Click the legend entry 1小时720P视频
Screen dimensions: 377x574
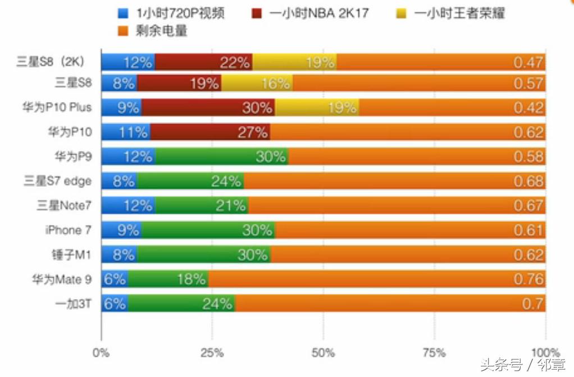coord(172,13)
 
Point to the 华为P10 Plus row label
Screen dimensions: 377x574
coord(61,107)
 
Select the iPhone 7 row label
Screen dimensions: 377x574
coord(68,230)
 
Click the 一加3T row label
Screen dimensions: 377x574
coord(73,304)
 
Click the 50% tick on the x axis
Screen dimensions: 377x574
coord(323,353)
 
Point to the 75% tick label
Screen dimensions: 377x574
coord(434,353)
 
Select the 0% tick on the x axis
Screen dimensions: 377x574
coord(101,353)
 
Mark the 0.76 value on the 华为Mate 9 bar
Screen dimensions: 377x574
coord(529,279)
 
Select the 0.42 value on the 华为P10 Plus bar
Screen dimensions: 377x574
coord(529,107)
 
